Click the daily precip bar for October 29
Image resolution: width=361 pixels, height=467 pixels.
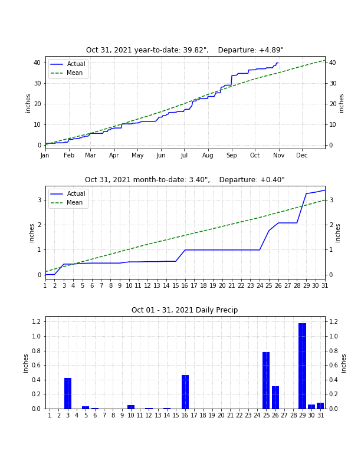(303, 366)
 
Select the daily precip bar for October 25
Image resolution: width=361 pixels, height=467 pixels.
(266, 380)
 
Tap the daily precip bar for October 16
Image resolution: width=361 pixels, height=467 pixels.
(185, 392)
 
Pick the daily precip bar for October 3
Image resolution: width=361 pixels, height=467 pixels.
(68, 393)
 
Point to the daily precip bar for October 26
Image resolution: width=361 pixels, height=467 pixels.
(275, 397)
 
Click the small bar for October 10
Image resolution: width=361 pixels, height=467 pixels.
(131, 407)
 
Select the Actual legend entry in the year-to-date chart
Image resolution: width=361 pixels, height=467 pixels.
(68, 64)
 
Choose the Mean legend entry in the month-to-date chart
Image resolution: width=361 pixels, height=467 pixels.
(66, 202)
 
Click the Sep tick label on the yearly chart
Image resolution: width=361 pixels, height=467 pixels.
(231, 156)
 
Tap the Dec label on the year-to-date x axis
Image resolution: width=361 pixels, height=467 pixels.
(302, 155)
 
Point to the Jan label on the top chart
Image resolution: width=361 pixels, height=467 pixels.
(45, 155)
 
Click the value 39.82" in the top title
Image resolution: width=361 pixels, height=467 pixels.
(196, 50)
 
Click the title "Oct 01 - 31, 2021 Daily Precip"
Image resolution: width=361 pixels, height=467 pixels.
(185, 310)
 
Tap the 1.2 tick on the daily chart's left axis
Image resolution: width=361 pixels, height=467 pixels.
(37, 322)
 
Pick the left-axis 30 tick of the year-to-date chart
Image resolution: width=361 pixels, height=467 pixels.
(38, 83)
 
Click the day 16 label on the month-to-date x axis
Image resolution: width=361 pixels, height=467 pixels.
(185, 285)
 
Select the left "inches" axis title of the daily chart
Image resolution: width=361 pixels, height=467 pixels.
(25, 363)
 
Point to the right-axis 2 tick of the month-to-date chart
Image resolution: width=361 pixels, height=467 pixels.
(331, 225)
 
